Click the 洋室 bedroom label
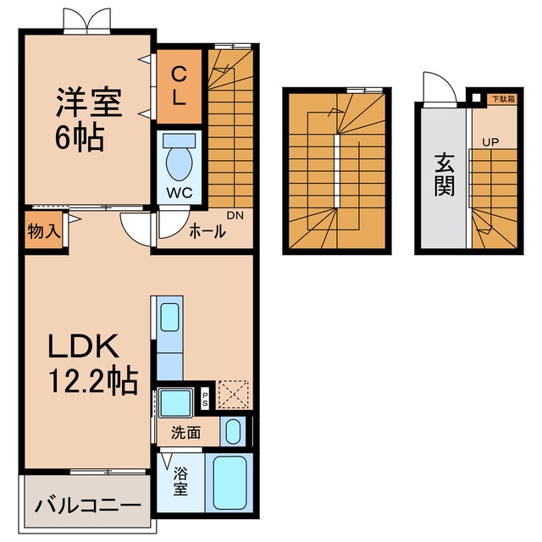(x=90, y=102)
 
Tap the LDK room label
(x=83, y=346)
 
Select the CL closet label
(x=179, y=86)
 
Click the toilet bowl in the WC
(x=179, y=163)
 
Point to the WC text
(x=180, y=193)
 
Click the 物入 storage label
(x=44, y=231)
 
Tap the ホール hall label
(x=207, y=231)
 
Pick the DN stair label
(x=235, y=215)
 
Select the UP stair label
(x=490, y=142)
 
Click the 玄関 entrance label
(x=444, y=174)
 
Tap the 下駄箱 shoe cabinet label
(x=503, y=99)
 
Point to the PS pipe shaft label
(x=205, y=399)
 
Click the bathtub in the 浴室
(x=230, y=483)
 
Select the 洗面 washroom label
(x=185, y=433)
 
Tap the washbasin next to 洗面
(x=233, y=431)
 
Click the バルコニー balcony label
(x=88, y=506)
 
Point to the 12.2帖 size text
(x=93, y=381)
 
